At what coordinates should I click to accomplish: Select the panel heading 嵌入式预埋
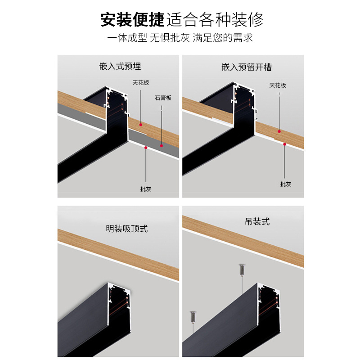pyautogui.click(x=120, y=66)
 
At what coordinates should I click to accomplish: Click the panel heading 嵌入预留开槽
pyautogui.click(x=247, y=67)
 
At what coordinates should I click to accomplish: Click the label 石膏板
pyautogui.click(x=163, y=97)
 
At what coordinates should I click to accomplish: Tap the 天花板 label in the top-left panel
pyautogui.click(x=140, y=83)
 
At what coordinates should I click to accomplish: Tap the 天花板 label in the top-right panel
pyautogui.click(x=278, y=85)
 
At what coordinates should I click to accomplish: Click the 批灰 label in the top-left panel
pyautogui.click(x=146, y=189)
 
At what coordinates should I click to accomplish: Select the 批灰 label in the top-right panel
pyautogui.click(x=286, y=184)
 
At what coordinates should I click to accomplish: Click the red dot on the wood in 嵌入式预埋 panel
pyautogui.click(x=141, y=124)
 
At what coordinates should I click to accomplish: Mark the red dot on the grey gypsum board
pyautogui.click(x=162, y=145)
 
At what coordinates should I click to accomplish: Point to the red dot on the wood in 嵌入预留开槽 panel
pyautogui.click(x=279, y=131)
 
